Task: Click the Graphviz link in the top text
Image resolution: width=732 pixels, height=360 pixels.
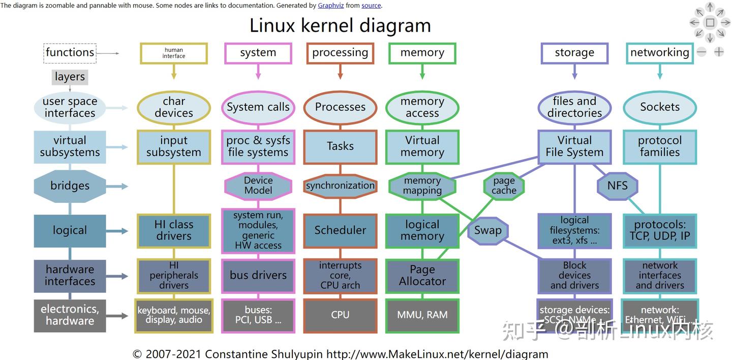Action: click(331, 6)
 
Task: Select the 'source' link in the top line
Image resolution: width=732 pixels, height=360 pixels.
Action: click(371, 6)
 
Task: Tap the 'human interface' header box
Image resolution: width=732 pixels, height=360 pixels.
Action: click(174, 53)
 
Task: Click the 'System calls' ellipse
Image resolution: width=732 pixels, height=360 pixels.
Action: click(258, 107)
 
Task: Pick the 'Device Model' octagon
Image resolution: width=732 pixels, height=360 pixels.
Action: click(258, 186)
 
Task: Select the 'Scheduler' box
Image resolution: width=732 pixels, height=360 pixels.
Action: click(340, 230)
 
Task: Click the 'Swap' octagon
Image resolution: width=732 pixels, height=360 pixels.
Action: click(487, 230)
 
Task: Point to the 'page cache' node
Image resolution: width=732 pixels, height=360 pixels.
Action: click(504, 186)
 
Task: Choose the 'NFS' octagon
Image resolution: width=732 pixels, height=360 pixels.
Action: click(618, 186)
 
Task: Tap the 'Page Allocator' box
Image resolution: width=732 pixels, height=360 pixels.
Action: click(422, 276)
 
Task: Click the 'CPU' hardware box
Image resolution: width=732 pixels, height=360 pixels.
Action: click(340, 315)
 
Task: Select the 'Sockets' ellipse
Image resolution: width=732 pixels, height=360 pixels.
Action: click(660, 107)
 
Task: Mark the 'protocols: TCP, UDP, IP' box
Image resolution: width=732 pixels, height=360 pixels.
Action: click(660, 230)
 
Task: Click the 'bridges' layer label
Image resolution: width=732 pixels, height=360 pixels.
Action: click(70, 186)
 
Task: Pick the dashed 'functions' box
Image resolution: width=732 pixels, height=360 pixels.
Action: click(70, 52)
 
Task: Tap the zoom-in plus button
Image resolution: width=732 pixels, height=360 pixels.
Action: click(719, 52)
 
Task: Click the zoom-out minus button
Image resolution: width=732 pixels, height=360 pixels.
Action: click(701, 52)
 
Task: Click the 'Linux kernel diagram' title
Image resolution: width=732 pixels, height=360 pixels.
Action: click(340, 25)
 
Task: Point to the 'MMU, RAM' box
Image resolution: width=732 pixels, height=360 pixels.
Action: click(422, 315)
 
